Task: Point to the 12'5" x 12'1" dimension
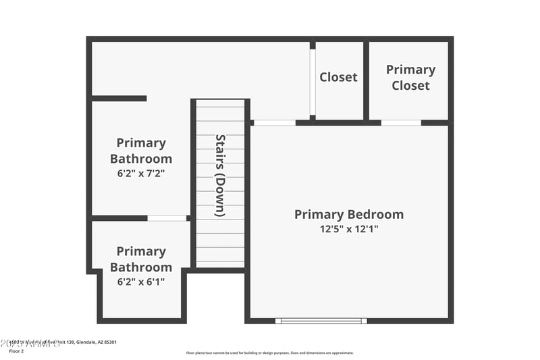[349, 229]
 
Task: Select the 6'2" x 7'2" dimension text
[141, 173]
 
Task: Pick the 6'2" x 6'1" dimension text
[141, 281]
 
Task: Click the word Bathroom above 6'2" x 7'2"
[141, 159]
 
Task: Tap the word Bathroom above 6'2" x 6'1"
[141, 267]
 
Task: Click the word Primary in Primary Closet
[410, 70]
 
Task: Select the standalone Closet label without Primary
[338, 77]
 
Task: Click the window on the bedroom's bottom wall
[321, 321]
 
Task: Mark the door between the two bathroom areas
[167, 218]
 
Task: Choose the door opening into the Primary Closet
[401, 123]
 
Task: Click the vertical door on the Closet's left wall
[313, 81]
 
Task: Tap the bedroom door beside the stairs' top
[274, 123]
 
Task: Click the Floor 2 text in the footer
[16, 351]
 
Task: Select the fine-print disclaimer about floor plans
[269, 353]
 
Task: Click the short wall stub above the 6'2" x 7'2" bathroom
[119, 99]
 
